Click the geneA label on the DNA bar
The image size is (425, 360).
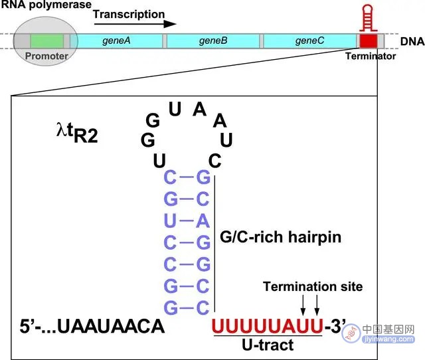click(116, 41)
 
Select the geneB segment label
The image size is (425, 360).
click(213, 41)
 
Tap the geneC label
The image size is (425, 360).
click(309, 41)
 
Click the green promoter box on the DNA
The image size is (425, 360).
click(47, 41)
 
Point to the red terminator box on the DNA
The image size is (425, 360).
click(369, 41)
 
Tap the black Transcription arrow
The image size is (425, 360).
click(135, 24)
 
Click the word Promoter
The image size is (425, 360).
click(46, 56)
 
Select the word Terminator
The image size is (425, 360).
click(371, 56)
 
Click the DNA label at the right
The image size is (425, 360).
click(412, 41)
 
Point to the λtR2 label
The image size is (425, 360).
click(77, 133)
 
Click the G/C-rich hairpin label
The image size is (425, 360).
click(280, 237)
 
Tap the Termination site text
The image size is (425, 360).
click(313, 286)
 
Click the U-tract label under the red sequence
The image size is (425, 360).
click(268, 345)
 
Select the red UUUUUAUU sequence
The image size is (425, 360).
click(268, 326)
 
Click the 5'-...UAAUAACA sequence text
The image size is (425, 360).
click(92, 326)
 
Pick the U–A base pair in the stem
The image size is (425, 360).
click(187, 221)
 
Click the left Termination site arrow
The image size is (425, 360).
click(303, 306)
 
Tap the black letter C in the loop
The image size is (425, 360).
click(215, 161)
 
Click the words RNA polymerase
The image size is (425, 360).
click(46, 5)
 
